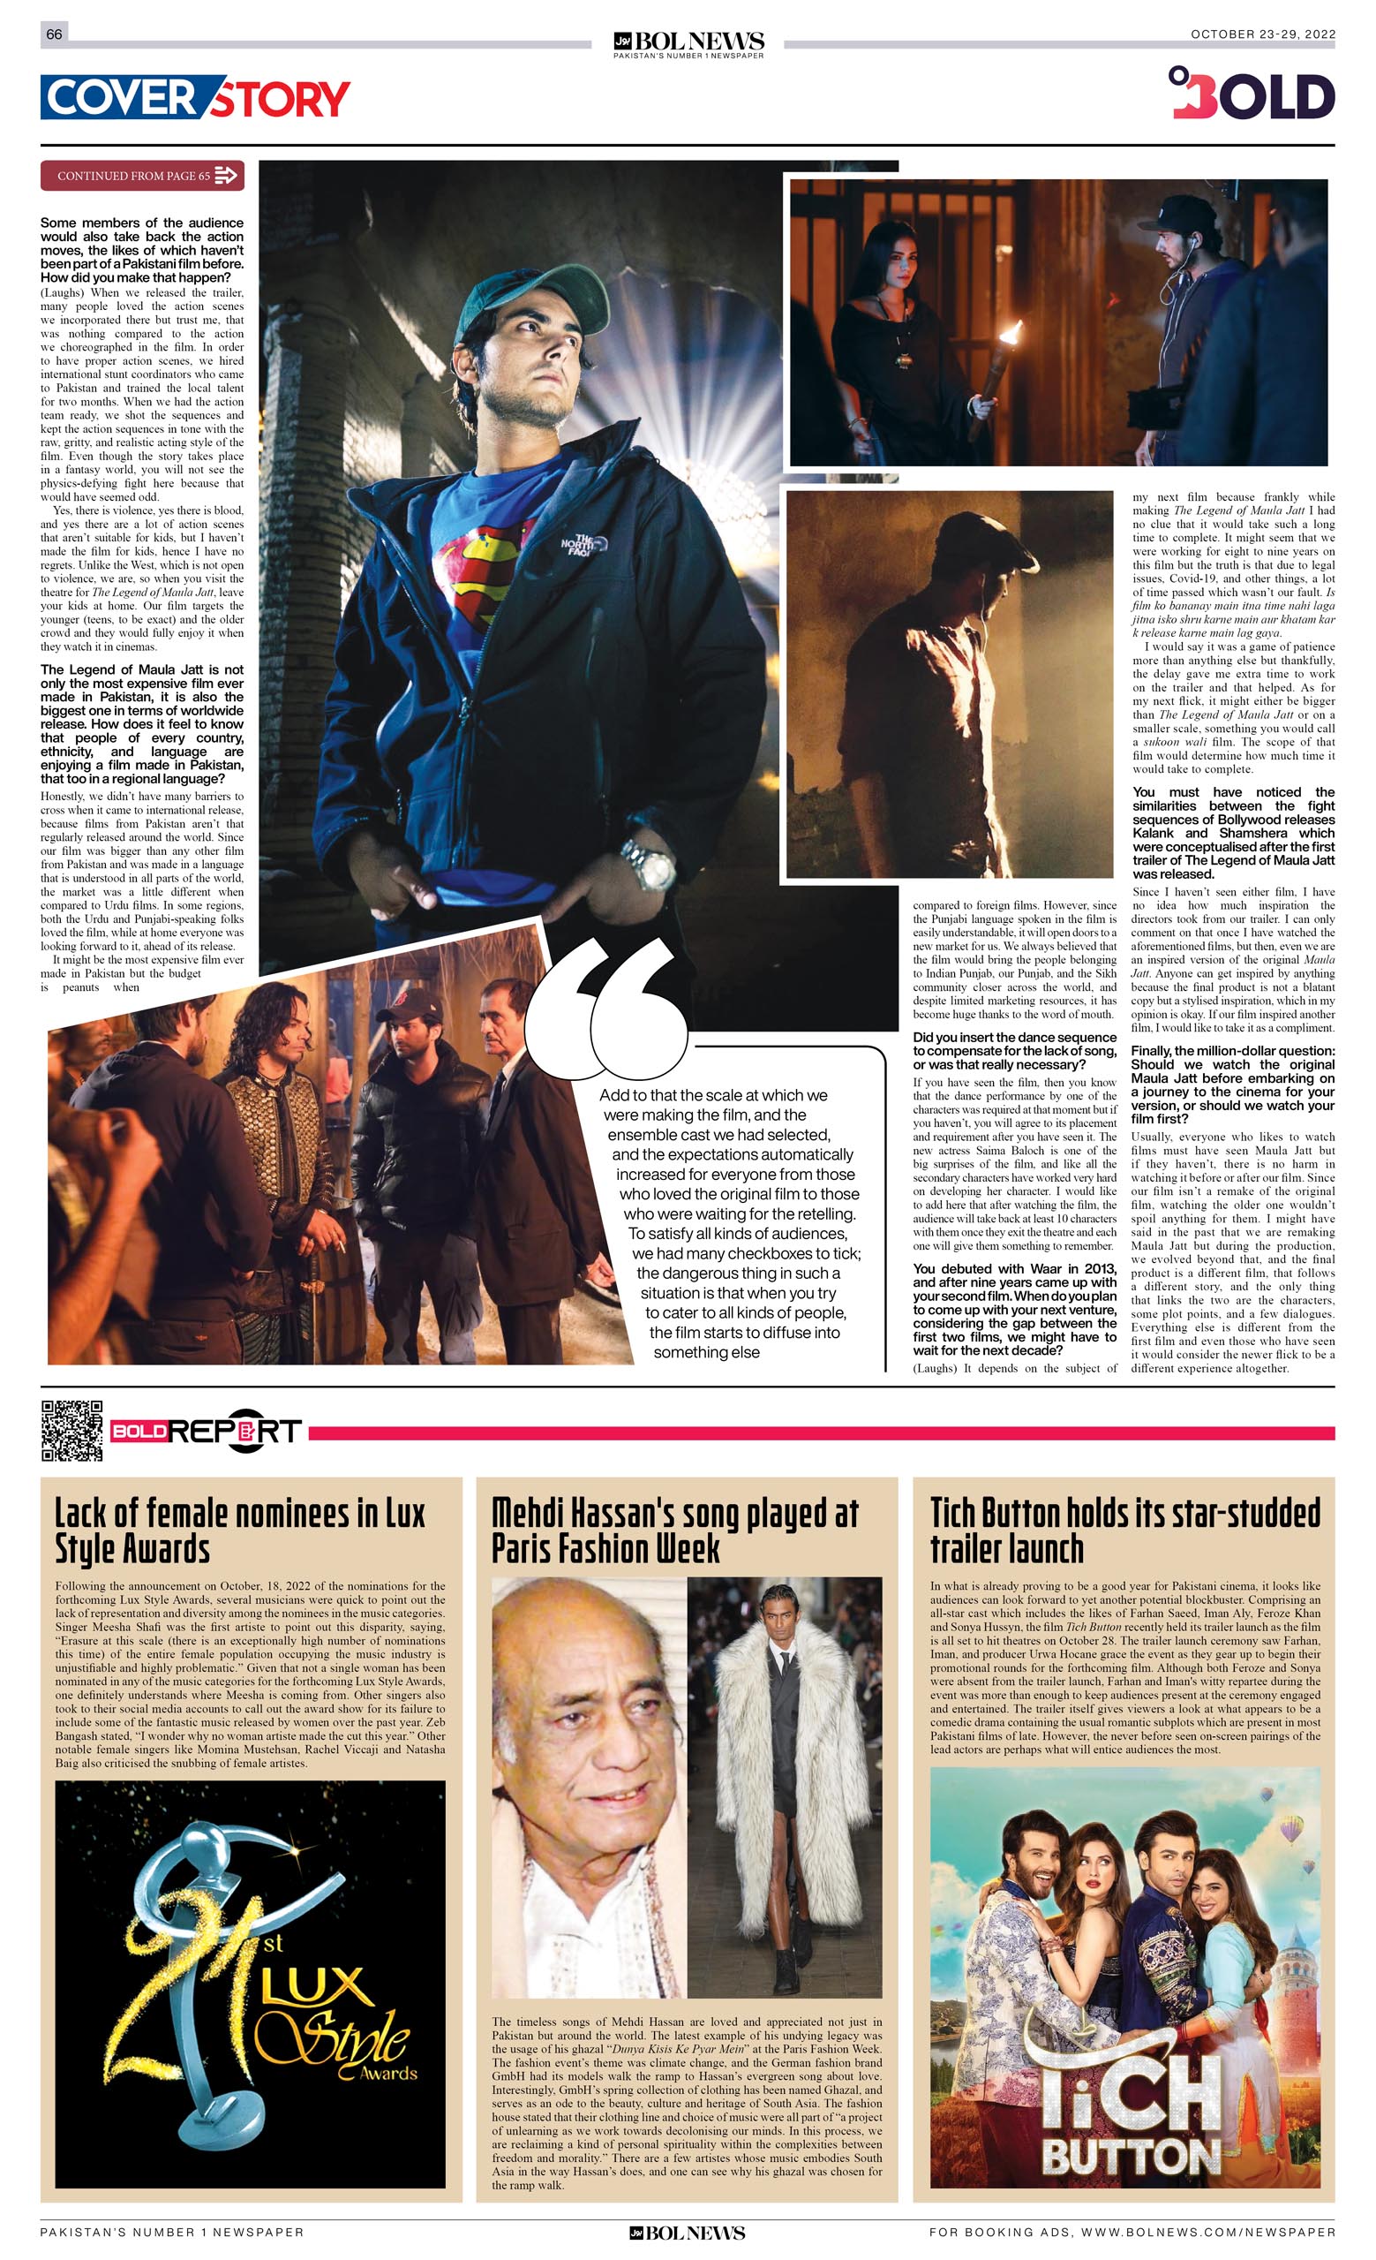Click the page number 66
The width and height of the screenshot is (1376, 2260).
[54, 34]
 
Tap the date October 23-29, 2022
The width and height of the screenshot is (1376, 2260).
[1262, 34]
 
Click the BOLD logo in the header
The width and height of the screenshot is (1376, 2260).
[1252, 94]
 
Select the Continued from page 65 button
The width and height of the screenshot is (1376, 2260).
[142, 175]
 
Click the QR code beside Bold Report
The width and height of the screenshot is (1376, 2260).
[71, 1431]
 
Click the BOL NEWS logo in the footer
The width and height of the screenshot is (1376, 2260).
[688, 2233]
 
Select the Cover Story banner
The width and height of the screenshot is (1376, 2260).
[195, 98]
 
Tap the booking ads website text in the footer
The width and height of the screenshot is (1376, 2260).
[1132, 2233]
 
